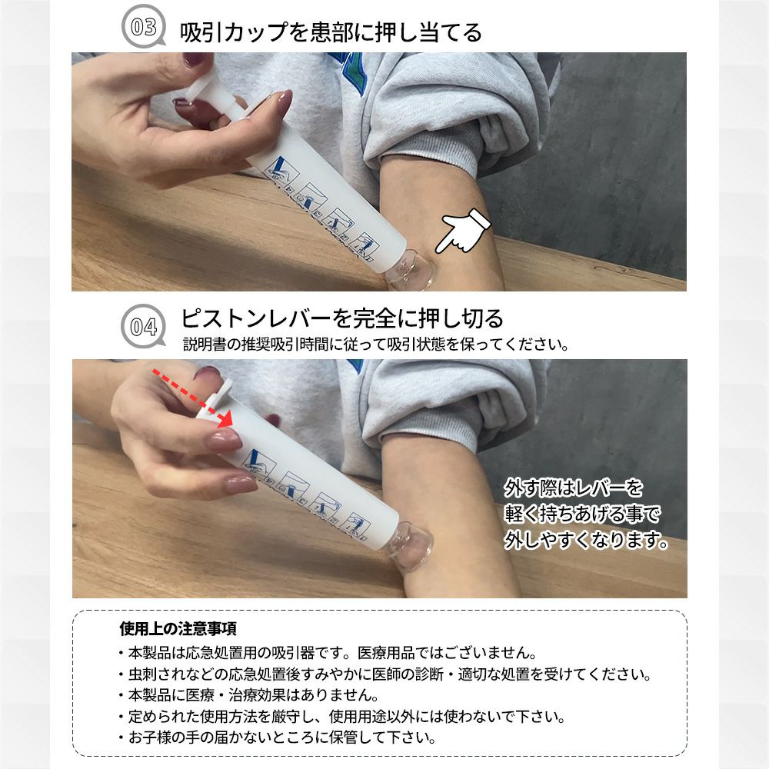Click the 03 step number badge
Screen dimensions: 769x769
[143, 26]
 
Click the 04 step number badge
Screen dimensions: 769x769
[143, 326]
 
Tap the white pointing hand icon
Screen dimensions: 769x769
[463, 231]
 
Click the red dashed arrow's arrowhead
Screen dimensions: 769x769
[224, 418]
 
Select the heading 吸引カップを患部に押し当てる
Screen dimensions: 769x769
[331, 32]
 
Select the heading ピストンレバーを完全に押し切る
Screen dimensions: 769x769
[342, 318]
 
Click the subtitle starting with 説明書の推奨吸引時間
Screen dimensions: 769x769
[376, 345]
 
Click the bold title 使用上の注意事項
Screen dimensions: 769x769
[178, 628]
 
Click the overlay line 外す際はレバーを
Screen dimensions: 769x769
[574, 488]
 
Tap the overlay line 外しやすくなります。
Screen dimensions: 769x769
[587, 540]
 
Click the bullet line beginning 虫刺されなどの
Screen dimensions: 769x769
[384, 674]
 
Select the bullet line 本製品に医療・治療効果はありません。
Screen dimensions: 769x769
[248, 695]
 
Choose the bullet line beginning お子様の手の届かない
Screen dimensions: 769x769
[277, 737]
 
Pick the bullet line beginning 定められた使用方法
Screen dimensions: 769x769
[341, 717]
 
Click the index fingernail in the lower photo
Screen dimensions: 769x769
[223, 439]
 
